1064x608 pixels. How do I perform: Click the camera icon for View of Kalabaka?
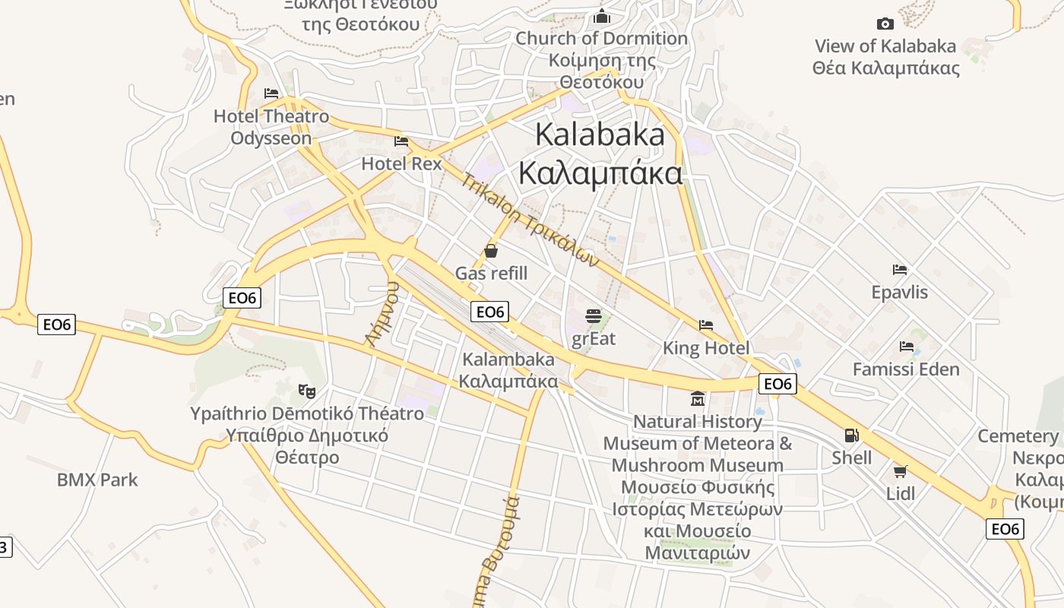[x=885, y=24]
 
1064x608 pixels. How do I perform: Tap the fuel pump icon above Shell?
[x=851, y=435]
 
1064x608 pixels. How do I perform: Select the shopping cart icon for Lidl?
[x=901, y=471]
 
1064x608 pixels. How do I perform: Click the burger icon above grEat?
[x=594, y=315]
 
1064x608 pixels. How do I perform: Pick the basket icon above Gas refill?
[x=491, y=250]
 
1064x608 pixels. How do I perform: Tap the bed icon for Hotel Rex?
[x=401, y=141]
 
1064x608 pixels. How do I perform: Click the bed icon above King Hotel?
[x=706, y=325]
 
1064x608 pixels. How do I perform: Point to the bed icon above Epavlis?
[x=900, y=270]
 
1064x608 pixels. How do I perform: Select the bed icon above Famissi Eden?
[x=906, y=347]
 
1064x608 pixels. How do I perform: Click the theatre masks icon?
[x=307, y=391]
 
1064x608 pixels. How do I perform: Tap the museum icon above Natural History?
[x=698, y=398]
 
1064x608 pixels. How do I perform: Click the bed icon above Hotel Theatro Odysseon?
[x=271, y=93]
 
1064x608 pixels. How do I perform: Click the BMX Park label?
[x=97, y=480]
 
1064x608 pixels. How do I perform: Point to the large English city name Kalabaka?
[x=600, y=135]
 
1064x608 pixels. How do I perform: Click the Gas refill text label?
[x=491, y=274]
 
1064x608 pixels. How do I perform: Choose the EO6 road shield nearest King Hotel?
[x=777, y=384]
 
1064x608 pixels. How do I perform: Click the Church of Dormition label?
[x=601, y=38]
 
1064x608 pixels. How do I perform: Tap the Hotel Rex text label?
[x=401, y=163]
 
